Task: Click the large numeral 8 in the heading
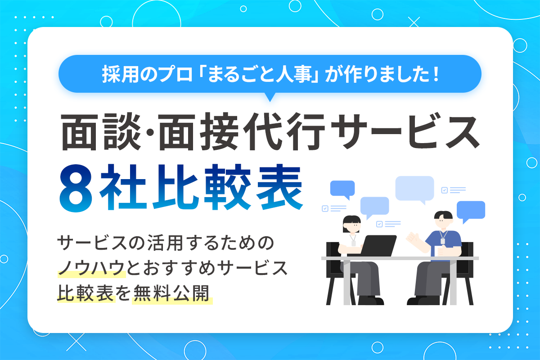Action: tap(76, 188)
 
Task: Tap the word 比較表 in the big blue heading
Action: tap(227, 187)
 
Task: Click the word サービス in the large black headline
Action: tap(405, 131)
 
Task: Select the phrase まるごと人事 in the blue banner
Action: tap(260, 74)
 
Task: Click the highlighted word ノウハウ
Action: tap(92, 268)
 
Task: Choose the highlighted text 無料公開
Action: tap(171, 293)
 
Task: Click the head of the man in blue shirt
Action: tap(443, 220)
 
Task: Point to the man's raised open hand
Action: tap(413, 238)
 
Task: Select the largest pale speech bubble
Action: tap(414, 189)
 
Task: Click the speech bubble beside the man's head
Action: tap(471, 211)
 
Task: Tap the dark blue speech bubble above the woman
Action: tap(342, 189)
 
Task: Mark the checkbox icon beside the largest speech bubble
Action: tap(444, 190)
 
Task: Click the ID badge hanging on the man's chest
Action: tap(443, 241)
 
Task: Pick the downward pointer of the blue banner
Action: tap(270, 97)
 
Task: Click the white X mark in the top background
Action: tap(414, 22)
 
